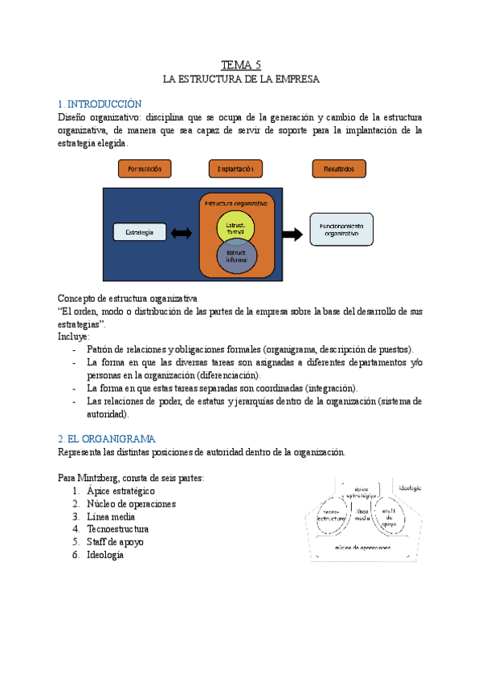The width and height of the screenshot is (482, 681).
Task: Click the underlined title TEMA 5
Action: point(241,64)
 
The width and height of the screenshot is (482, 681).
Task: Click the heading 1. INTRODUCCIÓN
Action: point(100,104)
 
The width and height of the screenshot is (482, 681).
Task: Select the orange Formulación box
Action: point(145,169)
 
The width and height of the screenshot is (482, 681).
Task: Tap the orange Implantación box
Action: point(235,169)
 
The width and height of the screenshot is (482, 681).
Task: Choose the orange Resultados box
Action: point(338,169)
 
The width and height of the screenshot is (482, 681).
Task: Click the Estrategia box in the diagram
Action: point(140,232)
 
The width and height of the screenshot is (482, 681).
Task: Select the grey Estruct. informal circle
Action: point(236,255)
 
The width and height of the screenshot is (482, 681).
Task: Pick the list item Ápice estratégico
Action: point(120,491)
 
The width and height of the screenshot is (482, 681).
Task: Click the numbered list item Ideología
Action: point(105,555)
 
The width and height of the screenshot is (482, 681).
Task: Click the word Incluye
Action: point(74,336)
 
